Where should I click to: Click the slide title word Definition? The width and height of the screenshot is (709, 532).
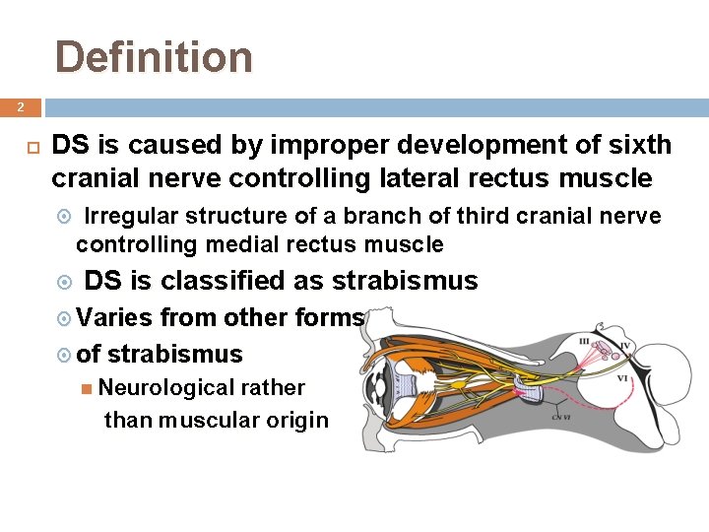154,57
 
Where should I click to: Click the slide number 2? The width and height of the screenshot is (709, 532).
20,106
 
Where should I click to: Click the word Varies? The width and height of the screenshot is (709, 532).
115,317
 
